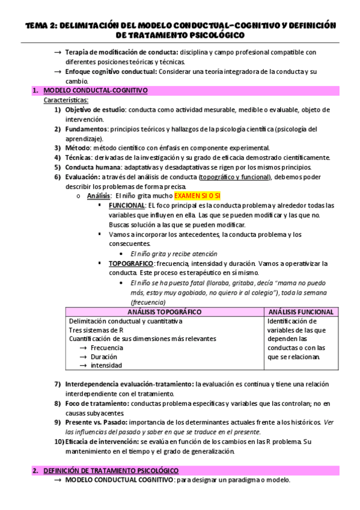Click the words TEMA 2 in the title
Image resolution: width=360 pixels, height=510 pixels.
pyautogui.click(x=41, y=25)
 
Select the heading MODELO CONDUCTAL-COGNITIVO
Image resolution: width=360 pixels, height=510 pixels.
pyautogui.click(x=96, y=91)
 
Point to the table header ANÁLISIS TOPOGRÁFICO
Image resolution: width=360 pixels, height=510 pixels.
pyautogui.click(x=164, y=312)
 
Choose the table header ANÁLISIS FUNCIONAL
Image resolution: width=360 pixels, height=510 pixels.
pyautogui.click(x=301, y=312)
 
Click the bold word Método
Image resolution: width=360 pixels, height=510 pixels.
pyautogui.click(x=77, y=148)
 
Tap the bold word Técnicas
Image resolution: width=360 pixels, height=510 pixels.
pyautogui.click(x=79, y=158)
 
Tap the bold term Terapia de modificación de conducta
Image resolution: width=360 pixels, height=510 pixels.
pyautogui.click(x=117, y=52)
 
